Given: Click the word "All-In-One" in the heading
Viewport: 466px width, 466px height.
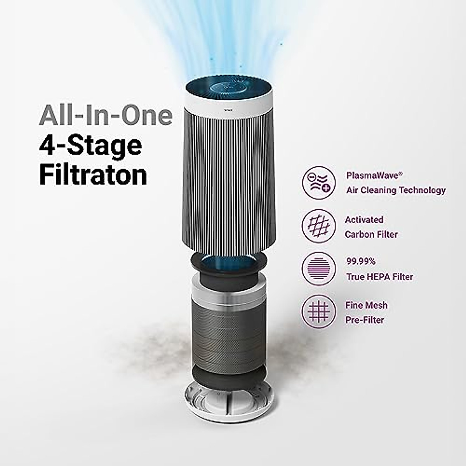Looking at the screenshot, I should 106,115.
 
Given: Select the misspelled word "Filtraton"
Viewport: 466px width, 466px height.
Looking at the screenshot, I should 93,176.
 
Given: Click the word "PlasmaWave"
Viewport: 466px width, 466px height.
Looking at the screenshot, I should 372,176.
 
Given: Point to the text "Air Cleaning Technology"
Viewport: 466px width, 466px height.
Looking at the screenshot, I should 396,190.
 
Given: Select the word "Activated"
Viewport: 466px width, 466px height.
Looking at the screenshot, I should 364,220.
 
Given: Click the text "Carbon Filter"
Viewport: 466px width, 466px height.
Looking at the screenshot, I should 371,235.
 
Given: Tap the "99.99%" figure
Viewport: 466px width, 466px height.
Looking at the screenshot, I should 361,261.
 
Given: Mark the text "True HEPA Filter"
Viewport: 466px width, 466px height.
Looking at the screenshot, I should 379,277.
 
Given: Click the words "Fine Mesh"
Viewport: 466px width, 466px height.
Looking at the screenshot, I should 366,305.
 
